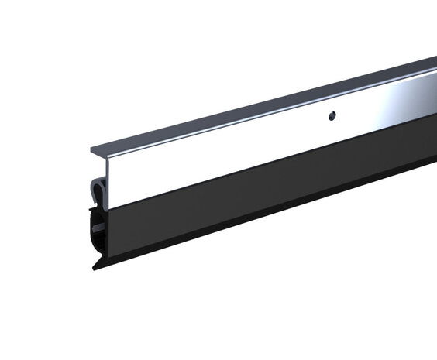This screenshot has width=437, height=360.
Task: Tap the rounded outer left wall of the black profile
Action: [92, 236]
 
